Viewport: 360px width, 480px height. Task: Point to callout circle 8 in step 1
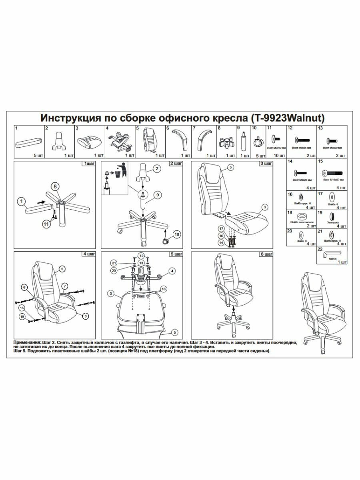[56, 186]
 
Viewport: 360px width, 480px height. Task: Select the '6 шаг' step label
[267, 254]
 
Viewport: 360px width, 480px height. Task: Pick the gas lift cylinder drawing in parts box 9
[243, 141]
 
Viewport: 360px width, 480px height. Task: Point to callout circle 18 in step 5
[163, 288]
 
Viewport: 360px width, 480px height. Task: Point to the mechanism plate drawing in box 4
[120, 141]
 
